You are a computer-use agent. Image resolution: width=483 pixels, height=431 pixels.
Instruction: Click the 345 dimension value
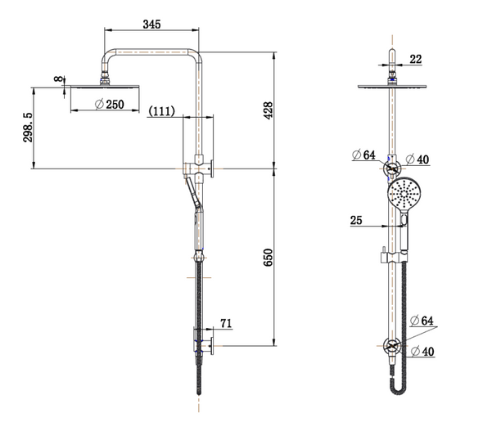(x=150, y=24)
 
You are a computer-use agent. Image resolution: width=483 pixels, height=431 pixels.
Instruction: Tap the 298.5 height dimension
(x=29, y=128)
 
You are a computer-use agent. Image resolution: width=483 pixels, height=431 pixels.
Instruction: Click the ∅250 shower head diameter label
(x=110, y=104)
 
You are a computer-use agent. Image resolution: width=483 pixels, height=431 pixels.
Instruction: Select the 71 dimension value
(x=226, y=324)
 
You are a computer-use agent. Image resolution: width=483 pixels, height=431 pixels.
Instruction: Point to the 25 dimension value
(x=355, y=218)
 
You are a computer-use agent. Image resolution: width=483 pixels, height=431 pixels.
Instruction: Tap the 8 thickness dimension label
(x=58, y=79)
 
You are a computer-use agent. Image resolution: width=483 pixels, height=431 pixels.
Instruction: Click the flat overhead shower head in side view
(x=106, y=85)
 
